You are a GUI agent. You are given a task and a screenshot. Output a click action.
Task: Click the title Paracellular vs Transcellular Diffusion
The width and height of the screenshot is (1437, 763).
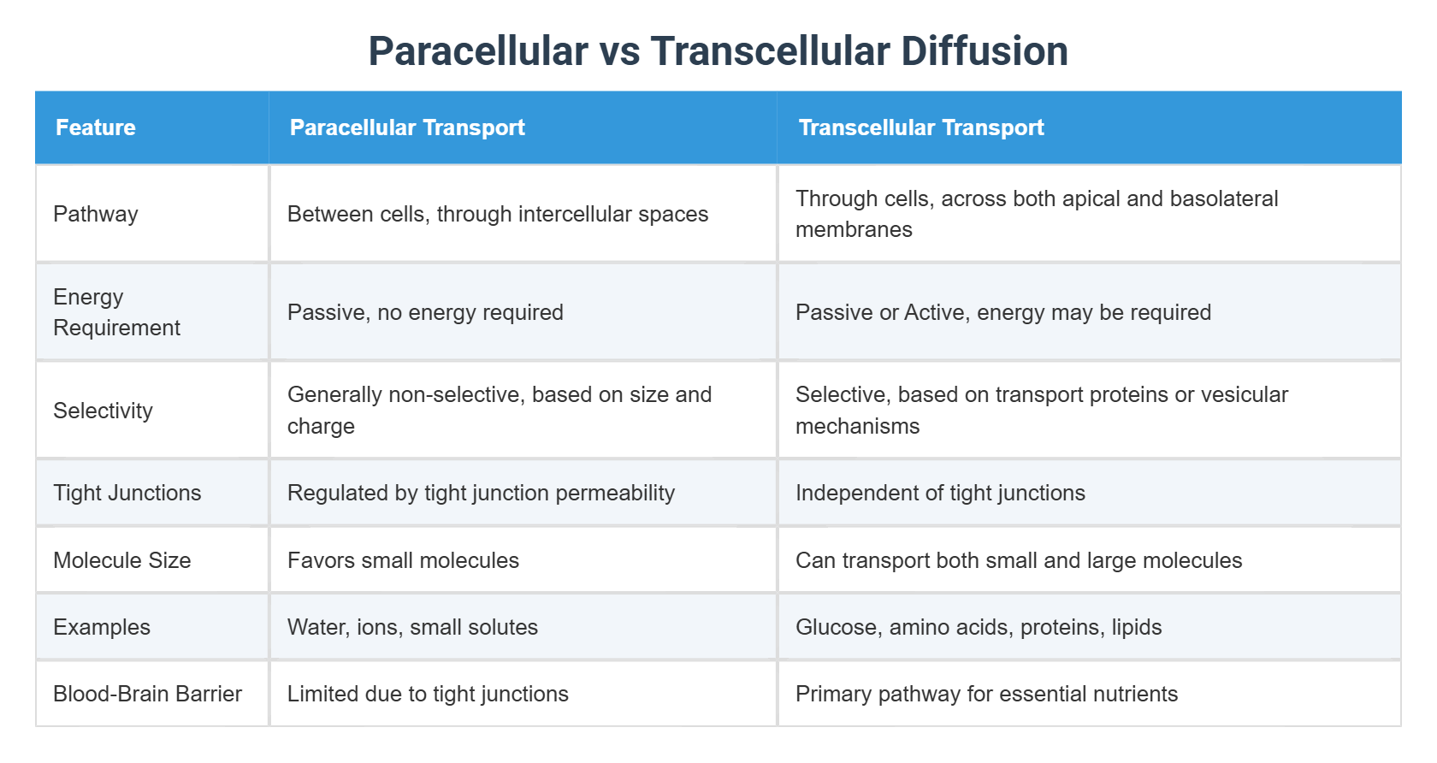[x=718, y=50]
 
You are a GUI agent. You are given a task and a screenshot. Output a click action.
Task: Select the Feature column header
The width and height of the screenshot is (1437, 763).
[x=96, y=127]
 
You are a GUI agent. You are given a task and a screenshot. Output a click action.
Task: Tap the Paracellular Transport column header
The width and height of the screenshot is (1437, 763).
[x=407, y=127]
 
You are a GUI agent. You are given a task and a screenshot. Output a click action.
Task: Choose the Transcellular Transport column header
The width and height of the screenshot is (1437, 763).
[x=921, y=127]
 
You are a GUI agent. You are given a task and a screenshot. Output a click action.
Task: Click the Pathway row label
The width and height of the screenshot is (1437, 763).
[x=96, y=214]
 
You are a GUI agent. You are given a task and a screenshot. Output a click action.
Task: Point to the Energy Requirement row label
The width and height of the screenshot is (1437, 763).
[x=116, y=312]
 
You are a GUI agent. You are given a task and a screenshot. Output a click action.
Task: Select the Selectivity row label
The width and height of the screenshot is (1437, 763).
[x=103, y=410]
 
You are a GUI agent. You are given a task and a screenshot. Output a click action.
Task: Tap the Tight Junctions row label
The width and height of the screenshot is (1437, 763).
[x=127, y=492]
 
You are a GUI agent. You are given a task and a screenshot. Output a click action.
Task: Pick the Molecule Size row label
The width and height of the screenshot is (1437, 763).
[x=121, y=560]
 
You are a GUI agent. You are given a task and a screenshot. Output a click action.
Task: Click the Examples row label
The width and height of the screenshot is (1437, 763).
[x=101, y=627]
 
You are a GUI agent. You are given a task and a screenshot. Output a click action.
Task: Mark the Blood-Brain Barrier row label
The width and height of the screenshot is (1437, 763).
[x=147, y=694]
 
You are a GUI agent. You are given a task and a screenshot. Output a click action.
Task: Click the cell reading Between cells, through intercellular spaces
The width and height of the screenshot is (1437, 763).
[x=498, y=214]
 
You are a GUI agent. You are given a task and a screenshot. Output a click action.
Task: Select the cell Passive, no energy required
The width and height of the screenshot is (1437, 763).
[x=425, y=312]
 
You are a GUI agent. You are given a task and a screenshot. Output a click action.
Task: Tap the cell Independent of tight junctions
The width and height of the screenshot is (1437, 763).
[x=941, y=492]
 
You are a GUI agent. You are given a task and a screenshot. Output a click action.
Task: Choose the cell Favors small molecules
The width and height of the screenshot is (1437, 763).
[x=403, y=560]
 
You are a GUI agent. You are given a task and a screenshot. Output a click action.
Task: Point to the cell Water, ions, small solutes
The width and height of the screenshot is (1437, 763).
[x=412, y=627]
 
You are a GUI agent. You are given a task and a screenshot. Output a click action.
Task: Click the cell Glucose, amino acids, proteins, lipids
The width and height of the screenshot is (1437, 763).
[x=979, y=627]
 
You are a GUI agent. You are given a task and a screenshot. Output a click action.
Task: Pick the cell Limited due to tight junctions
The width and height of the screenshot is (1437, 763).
[x=428, y=694]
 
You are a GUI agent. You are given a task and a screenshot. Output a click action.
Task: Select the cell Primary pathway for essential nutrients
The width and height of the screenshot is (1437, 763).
[x=987, y=694]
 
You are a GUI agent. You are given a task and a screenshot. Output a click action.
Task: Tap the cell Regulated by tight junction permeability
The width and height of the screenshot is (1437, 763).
[x=481, y=492]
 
